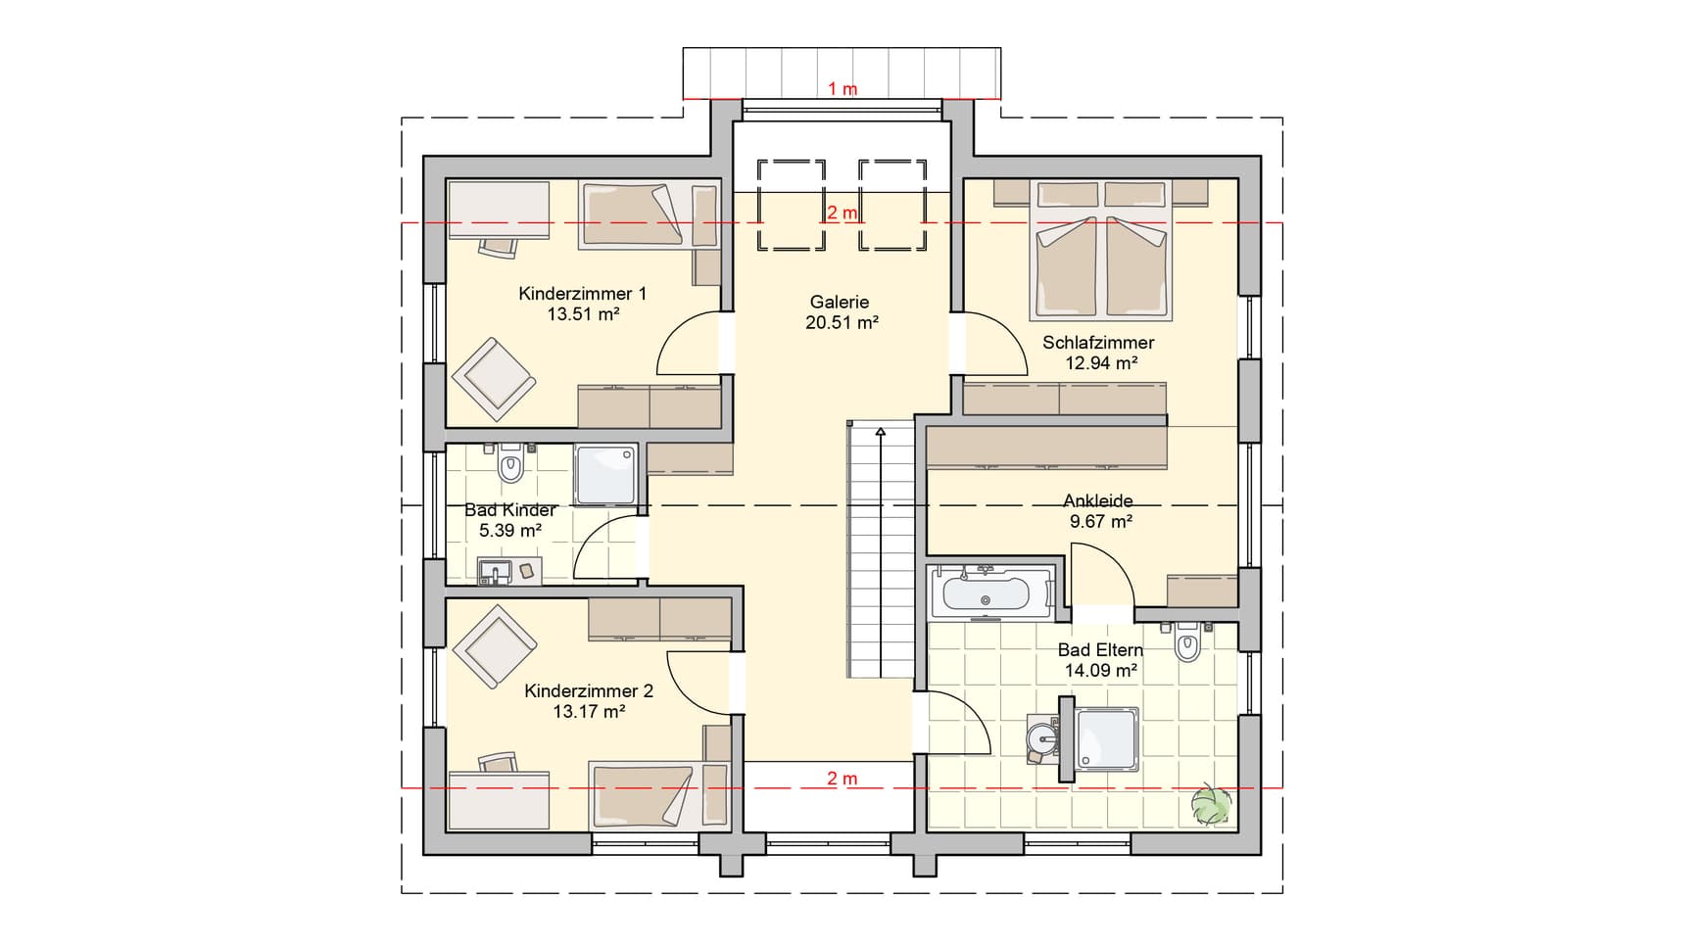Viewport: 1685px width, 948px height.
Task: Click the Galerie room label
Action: pos(840,303)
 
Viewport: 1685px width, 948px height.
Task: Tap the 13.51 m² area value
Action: pos(583,314)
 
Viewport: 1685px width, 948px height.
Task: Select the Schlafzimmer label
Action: pos(1098,343)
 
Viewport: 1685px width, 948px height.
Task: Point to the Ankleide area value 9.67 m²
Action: pos(1101,522)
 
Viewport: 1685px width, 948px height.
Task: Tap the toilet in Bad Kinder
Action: pos(511,464)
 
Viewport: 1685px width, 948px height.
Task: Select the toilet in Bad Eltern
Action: pos(1188,641)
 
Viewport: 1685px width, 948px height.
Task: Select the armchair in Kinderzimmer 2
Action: pos(495,646)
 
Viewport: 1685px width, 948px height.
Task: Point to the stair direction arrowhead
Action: pos(881,430)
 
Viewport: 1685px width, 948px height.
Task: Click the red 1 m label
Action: pos(842,89)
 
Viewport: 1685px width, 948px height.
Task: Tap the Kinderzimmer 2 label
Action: pos(589,691)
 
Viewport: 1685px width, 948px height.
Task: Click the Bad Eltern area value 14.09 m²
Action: pos(1101,671)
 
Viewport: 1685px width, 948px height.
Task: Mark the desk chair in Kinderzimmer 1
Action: pos(499,248)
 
